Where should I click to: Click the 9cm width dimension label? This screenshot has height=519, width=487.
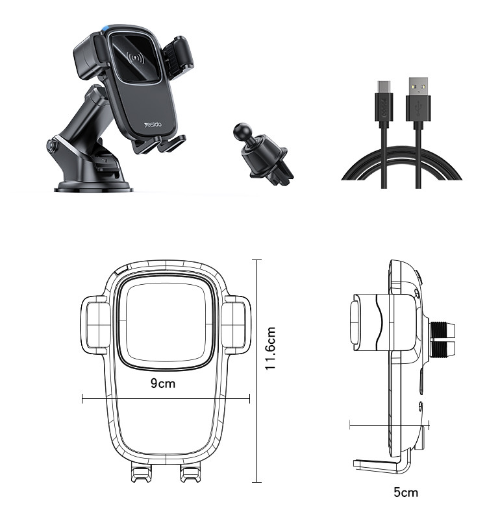[x=163, y=383]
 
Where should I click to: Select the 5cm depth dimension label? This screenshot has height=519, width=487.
[x=406, y=492]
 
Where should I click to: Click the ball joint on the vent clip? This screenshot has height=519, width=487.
[x=241, y=131]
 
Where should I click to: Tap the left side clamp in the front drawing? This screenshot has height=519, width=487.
[x=95, y=325]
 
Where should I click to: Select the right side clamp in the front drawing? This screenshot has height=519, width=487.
[x=235, y=325]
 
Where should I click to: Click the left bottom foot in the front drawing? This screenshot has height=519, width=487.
[x=141, y=474]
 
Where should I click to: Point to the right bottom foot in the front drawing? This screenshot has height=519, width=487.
[x=189, y=474]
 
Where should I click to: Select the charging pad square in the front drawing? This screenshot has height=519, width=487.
[x=165, y=322]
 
